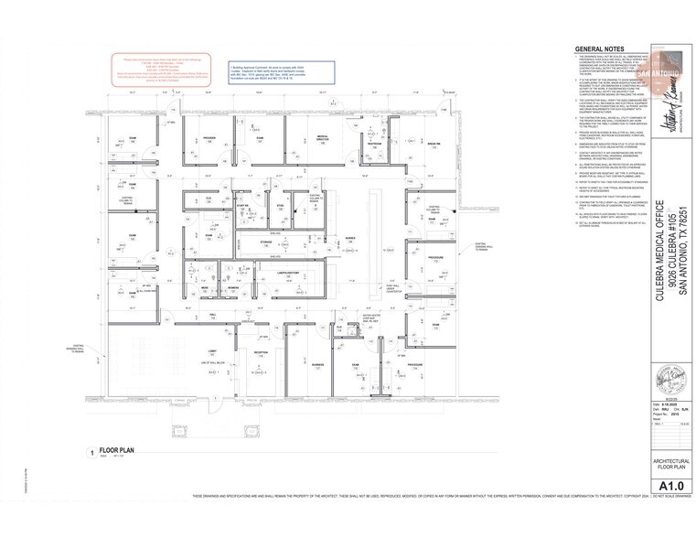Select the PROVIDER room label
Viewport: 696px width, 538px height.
click(210, 137)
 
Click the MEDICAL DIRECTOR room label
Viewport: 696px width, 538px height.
click(322, 137)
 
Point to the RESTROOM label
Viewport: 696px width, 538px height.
click(374, 143)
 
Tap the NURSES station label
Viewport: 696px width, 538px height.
click(350, 238)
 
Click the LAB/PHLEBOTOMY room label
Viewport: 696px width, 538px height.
click(288, 272)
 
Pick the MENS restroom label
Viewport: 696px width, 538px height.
click(206, 287)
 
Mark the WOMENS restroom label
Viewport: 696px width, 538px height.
click(233, 287)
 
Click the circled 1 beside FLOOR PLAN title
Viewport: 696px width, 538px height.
click(91, 452)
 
